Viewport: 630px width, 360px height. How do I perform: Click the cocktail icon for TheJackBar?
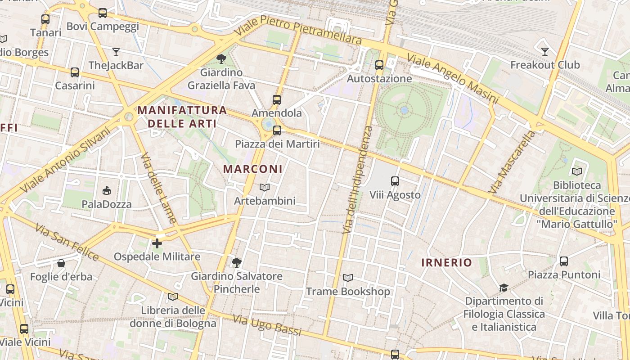(116, 52)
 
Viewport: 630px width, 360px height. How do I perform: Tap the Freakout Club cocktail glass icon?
(545, 52)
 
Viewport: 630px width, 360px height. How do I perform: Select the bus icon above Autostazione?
(379, 65)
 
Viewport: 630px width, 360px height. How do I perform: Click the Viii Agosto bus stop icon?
(395, 181)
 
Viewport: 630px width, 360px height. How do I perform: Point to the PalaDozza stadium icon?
(107, 191)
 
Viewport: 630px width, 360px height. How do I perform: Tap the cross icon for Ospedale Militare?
(157, 243)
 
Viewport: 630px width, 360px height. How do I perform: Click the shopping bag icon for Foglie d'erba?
(61, 263)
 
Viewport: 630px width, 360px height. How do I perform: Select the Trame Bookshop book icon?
(348, 278)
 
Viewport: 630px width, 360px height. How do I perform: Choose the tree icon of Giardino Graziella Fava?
(221, 59)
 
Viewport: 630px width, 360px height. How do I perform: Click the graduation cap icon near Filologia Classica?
(504, 288)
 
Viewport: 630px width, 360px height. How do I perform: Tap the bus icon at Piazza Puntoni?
(563, 261)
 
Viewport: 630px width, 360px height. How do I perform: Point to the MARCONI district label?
(253, 169)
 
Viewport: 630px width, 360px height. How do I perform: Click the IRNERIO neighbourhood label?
(446, 263)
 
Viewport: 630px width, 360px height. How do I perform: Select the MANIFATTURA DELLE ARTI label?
(182, 117)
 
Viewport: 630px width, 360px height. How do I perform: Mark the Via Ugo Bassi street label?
(267, 325)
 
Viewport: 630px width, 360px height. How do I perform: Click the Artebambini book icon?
(265, 187)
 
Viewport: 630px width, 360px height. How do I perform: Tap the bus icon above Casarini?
(75, 72)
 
